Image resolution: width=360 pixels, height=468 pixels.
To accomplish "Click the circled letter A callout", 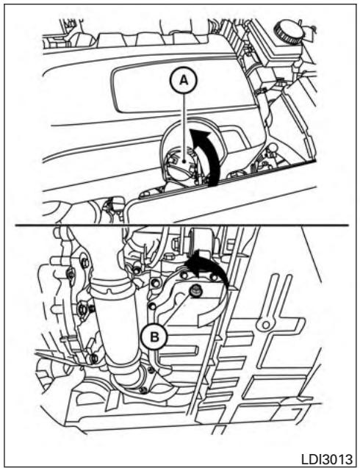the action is click(x=184, y=80).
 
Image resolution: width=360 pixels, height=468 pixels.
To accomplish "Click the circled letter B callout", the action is click(x=154, y=337).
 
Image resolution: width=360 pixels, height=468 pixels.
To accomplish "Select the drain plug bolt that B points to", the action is click(x=195, y=289).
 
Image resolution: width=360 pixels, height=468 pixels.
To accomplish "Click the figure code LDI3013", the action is click(x=326, y=458).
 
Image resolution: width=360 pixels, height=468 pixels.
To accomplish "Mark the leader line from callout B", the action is click(x=176, y=310).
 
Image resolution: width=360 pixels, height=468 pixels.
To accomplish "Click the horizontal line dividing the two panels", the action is click(x=181, y=225).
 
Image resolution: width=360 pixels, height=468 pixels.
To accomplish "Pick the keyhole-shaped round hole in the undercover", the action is click(x=266, y=325).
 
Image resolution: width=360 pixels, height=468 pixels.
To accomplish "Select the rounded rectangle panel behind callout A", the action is click(x=182, y=90).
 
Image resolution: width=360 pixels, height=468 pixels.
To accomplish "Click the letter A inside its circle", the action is click(x=184, y=80).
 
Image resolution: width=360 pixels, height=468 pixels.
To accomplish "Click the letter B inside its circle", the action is click(x=154, y=337).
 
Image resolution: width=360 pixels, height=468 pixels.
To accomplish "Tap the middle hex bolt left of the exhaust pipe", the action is click(x=83, y=309).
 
